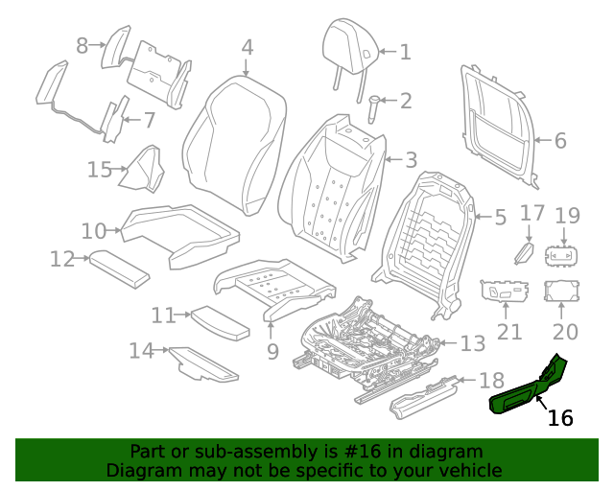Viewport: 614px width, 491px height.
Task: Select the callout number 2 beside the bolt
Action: pyautogui.click(x=405, y=101)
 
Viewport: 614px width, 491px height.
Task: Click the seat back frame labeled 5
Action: pyautogui.click(x=430, y=240)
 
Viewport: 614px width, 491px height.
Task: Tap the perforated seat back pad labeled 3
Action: pyautogui.click(x=331, y=187)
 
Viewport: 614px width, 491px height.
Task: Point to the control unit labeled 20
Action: pyautogui.click(x=559, y=292)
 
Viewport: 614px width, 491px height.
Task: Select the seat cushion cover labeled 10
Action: pyautogui.click(x=177, y=230)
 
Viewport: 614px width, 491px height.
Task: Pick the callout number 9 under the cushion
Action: pyautogui.click(x=272, y=352)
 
